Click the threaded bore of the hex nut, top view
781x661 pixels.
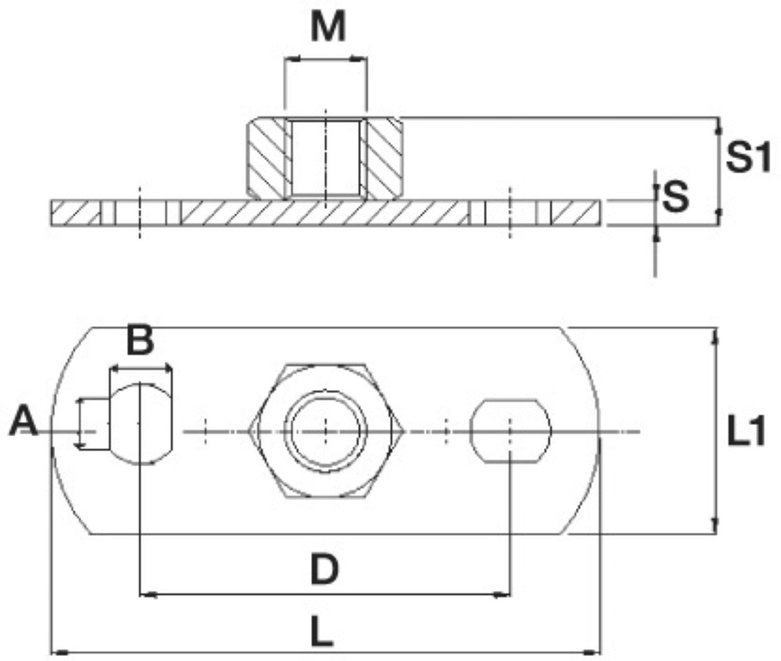click(x=326, y=430)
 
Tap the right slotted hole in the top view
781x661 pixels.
click(x=510, y=430)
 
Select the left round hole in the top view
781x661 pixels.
click(x=140, y=423)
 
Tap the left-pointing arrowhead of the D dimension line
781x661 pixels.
click(x=146, y=595)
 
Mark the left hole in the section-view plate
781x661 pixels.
click(x=140, y=213)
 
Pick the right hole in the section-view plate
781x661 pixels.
click(x=510, y=213)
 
